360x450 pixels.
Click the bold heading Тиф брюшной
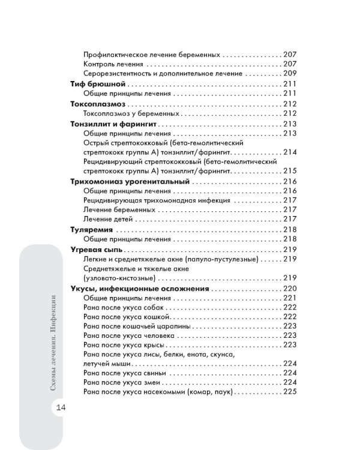pyautogui.click(x=98, y=83)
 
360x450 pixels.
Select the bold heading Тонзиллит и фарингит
pyautogui.click(x=113, y=123)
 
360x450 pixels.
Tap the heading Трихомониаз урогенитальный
pyautogui.click(x=130, y=181)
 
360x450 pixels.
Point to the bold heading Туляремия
pyautogui.click(x=92, y=229)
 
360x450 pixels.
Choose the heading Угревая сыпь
pyautogui.click(x=97, y=248)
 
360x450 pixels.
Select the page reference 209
pyautogui.click(x=290, y=73)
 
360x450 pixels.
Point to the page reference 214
pyautogui.click(x=290, y=152)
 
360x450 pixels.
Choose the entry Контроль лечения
pyautogui.click(x=113, y=64)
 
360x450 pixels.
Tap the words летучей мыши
pyautogui.click(x=107, y=364)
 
